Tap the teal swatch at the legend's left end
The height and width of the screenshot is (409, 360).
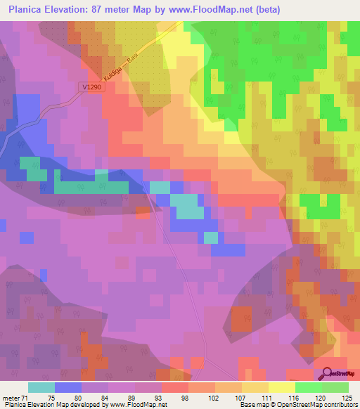click(41, 387)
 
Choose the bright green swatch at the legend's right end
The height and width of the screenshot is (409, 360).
click(335, 387)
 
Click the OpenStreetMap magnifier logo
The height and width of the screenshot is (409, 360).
click(328, 373)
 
